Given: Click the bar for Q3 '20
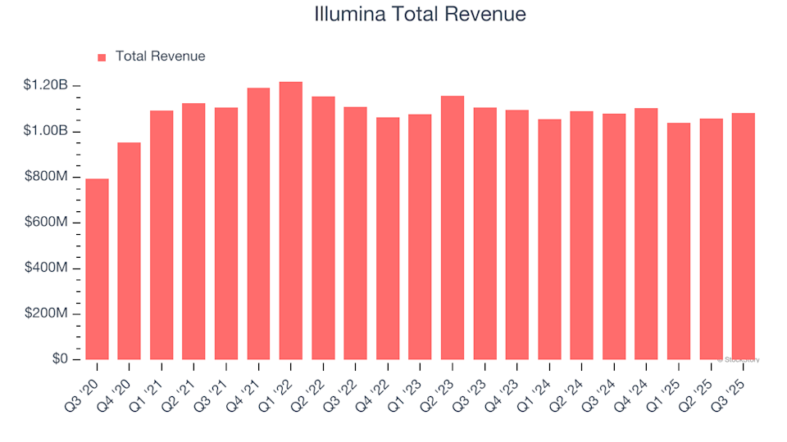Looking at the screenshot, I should tap(97, 269).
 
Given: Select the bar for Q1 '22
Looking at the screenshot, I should tap(291, 221).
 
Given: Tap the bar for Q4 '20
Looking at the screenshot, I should tap(130, 251).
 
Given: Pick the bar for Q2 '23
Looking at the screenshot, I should tap(453, 228).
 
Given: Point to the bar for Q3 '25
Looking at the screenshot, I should tap(744, 237).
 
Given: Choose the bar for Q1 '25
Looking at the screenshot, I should tap(679, 241).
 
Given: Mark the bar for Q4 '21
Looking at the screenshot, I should tap(258, 224).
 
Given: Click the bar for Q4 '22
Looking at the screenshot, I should tap(388, 239).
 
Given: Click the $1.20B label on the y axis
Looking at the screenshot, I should tap(45, 86).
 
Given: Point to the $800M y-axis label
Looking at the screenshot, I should tap(48, 178).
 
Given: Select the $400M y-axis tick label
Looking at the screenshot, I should tap(48, 269).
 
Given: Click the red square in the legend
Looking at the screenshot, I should tap(102, 57).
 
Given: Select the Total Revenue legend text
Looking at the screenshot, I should tap(160, 56).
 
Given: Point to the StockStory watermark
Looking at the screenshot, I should tap(739, 359).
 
